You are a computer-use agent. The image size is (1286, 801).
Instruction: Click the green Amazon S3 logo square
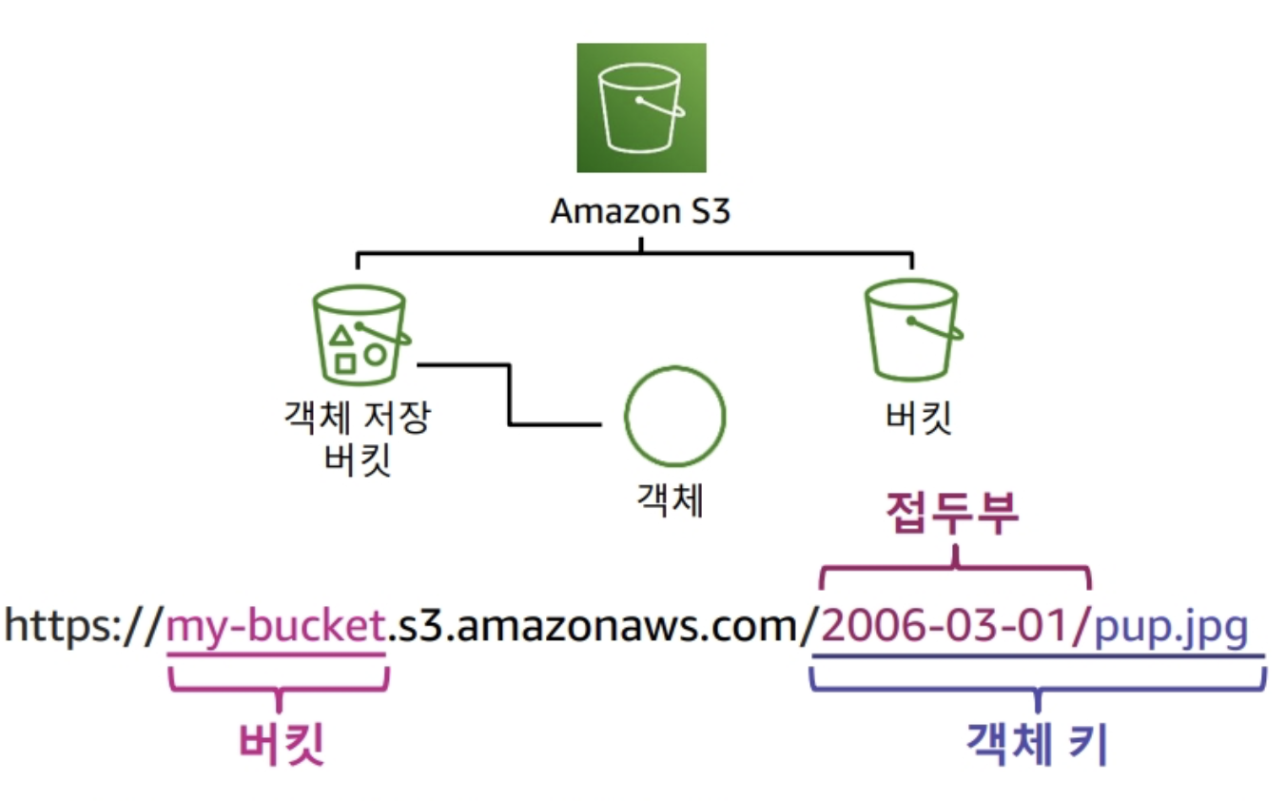[x=641, y=107]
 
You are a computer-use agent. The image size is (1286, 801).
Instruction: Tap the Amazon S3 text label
[x=640, y=211]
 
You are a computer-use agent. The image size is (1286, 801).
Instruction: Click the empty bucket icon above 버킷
[x=910, y=328]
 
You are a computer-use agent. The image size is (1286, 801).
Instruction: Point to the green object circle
[x=674, y=416]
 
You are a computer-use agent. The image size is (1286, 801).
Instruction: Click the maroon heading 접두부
[x=952, y=515]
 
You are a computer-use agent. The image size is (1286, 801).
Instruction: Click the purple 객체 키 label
[x=1037, y=744]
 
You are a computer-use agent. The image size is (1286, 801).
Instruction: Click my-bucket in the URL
[x=276, y=628]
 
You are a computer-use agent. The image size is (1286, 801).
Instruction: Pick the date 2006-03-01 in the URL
[x=945, y=628]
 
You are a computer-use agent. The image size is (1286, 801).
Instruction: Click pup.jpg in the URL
[x=1170, y=628]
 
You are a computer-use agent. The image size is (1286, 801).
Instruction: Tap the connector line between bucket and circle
[x=511, y=395]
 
